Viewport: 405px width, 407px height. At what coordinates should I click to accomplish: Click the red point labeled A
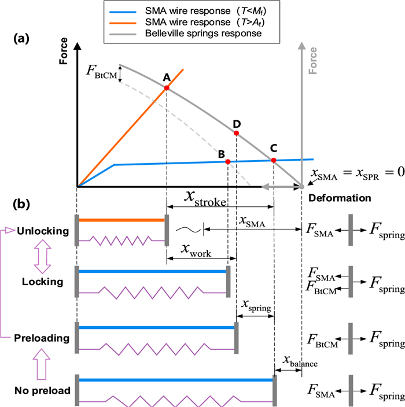pyautogui.click(x=167, y=88)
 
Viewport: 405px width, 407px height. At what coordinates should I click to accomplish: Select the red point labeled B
pyautogui.click(x=228, y=162)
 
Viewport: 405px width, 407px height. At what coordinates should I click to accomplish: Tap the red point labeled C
pyautogui.click(x=274, y=160)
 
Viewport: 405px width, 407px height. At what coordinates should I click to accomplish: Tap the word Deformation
pyautogui.click(x=340, y=198)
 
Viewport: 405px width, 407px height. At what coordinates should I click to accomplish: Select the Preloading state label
pyautogui.click(x=44, y=338)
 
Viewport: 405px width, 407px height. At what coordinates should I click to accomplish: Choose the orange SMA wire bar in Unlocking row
pyautogui.click(x=122, y=220)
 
